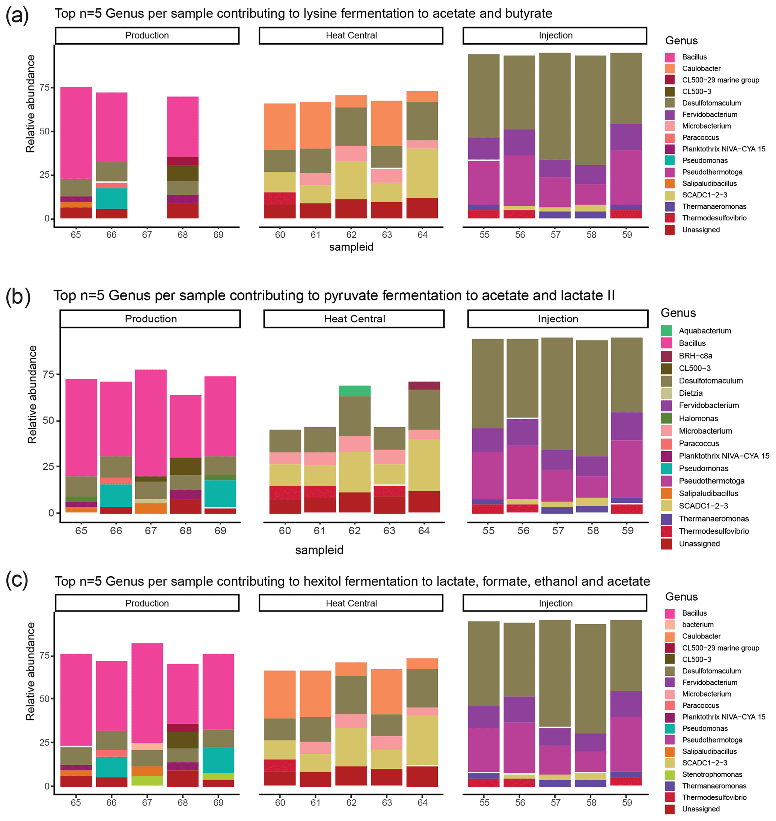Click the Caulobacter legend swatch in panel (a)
(670, 69)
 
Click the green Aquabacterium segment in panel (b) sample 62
(354, 391)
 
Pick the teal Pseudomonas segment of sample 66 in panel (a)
(112, 199)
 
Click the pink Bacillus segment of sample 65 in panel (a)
(76, 133)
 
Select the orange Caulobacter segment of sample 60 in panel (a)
(280, 127)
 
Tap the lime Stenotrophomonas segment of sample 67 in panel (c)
(147, 780)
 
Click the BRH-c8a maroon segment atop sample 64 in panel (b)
(424, 386)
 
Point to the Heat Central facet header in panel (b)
(354, 319)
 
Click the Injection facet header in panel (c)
(555, 603)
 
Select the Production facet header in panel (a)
(147, 36)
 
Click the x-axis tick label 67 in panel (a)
(147, 235)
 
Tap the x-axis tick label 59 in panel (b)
(627, 531)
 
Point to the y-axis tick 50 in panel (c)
(44, 699)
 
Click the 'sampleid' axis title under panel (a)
(351, 247)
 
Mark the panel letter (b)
(18, 296)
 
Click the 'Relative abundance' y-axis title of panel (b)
(32, 395)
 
